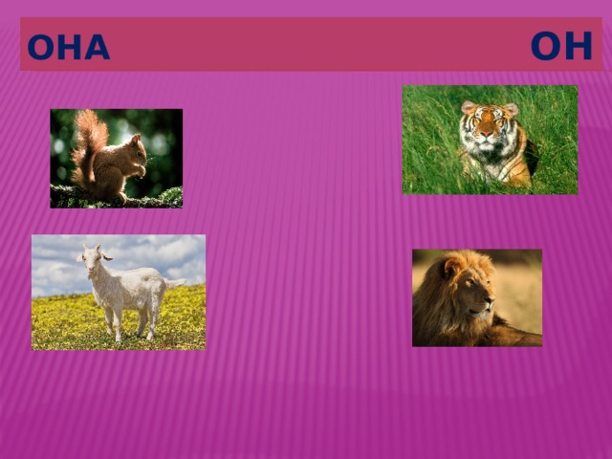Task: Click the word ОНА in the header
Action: pos(69,47)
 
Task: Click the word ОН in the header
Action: pos(561,46)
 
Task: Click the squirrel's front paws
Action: pos(142,170)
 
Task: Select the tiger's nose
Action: pos(487,134)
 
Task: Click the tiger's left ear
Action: pos(468,107)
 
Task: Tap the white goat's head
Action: pos(94,259)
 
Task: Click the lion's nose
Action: pos(490,301)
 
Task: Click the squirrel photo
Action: pos(117,159)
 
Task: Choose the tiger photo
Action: pos(490,140)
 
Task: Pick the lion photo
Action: pos(477,297)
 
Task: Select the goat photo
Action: pos(119,293)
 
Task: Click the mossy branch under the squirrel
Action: pos(117,198)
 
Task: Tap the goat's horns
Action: pos(92,249)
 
